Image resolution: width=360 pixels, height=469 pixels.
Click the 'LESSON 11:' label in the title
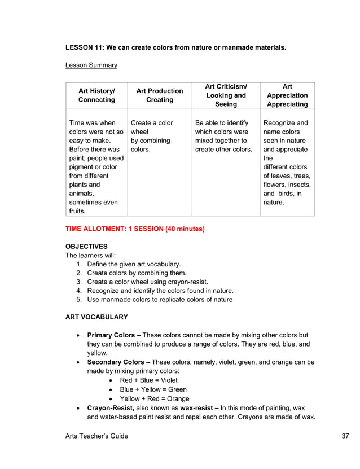pos(85,47)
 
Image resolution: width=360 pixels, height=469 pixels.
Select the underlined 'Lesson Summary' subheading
pos(91,65)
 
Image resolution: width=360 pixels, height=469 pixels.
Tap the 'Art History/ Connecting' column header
pos(96,95)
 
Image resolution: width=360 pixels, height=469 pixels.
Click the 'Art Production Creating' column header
pos(160,95)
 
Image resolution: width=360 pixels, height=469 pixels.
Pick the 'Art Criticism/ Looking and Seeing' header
pos(226,95)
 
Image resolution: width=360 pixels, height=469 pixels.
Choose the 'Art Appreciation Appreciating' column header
pos(287,95)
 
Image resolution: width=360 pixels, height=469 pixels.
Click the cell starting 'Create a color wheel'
pos(151,136)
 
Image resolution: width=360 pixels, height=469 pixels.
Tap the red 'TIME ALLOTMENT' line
pos(135,229)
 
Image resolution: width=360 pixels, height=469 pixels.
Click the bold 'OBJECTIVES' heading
pos(86,247)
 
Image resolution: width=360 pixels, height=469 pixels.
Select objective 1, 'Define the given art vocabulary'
pos(134,264)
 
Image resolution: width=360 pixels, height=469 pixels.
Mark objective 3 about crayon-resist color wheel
pos(147,282)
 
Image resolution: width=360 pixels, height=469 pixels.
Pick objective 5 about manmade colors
pos(159,300)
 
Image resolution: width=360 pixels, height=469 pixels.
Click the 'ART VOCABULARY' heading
pos(96,317)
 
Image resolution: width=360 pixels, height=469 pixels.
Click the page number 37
pos(346,436)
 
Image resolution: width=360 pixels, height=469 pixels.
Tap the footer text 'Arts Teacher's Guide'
pos(96,436)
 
